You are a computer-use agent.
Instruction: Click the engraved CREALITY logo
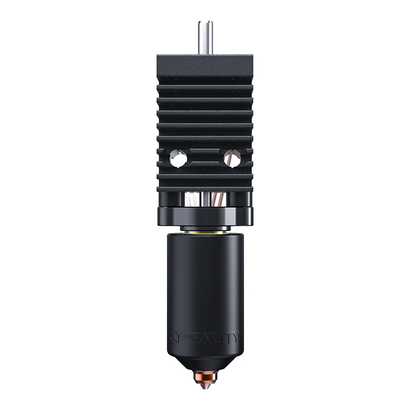[205, 337]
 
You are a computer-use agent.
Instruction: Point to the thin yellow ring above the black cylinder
[205, 232]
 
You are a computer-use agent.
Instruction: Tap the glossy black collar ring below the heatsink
[205, 216]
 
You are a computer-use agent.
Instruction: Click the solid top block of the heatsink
[205, 65]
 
